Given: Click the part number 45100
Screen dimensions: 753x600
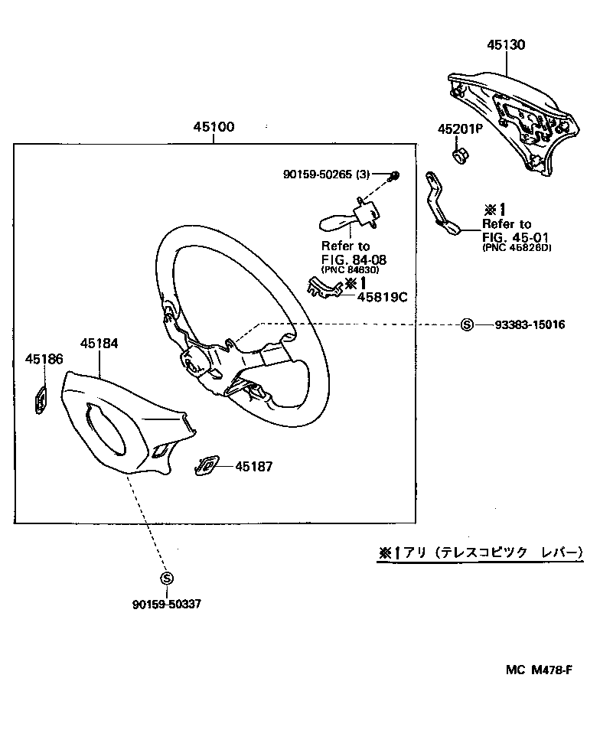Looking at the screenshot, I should click(213, 128).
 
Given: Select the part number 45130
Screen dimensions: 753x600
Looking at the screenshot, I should click(506, 45).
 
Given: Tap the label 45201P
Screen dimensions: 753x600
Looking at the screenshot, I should click(460, 129).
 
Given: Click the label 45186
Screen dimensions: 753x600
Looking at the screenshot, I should click(44, 358).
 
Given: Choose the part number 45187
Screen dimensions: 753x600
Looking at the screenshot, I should click(253, 466).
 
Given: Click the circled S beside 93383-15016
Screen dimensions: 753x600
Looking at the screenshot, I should click(467, 325).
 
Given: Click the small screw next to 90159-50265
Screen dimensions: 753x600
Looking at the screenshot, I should click(393, 175).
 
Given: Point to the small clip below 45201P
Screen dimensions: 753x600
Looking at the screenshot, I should click(461, 156).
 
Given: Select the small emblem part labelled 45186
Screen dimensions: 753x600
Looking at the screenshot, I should click(41, 400).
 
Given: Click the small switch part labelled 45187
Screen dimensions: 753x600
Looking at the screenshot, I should click(207, 465).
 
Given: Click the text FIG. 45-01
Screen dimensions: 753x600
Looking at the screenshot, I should click(507, 236).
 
